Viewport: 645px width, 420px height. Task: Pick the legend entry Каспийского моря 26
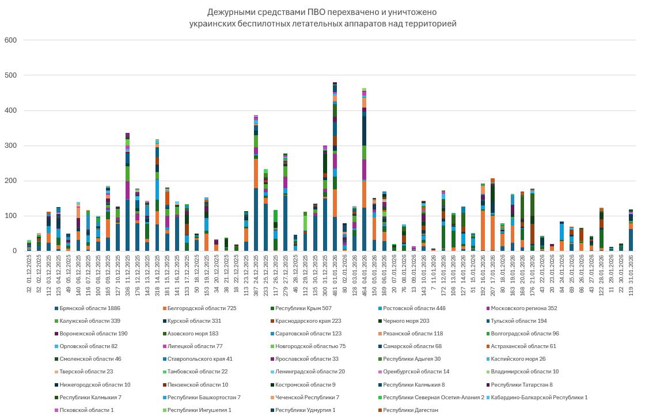point(523,359)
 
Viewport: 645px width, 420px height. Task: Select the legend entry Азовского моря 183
point(196,334)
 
